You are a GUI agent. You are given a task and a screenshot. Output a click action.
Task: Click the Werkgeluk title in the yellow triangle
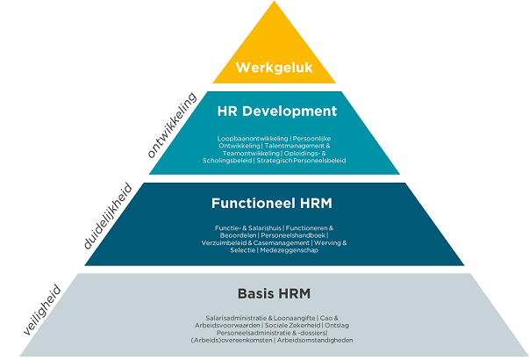click(x=275, y=68)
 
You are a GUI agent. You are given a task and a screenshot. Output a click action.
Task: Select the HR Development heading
click(x=277, y=112)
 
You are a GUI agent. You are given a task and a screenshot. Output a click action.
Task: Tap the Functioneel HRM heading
click(x=272, y=204)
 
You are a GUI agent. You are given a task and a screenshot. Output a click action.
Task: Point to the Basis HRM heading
click(x=274, y=293)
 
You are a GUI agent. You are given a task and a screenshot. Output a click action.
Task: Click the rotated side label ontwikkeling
click(x=172, y=125)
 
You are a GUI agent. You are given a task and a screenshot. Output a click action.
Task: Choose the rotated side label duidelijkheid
click(x=108, y=216)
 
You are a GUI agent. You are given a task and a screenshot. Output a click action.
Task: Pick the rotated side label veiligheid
click(x=42, y=310)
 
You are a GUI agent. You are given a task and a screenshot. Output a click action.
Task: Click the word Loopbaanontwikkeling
click(x=253, y=139)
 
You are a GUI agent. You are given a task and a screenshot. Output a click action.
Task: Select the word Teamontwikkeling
click(x=251, y=154)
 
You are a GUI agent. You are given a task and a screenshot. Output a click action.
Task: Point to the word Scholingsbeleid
click(x=227, y=161)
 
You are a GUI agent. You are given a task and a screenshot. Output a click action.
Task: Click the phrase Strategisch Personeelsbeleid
click(x=301, y=161)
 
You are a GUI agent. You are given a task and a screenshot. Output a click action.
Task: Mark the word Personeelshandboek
click(x=293, y=235)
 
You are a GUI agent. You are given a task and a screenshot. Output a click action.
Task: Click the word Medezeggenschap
click(x=290, y=250)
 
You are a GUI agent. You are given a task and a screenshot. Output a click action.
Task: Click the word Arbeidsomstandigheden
click(x=315, y=340)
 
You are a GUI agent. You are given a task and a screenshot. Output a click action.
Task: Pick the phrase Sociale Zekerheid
click(x=293, y=326)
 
